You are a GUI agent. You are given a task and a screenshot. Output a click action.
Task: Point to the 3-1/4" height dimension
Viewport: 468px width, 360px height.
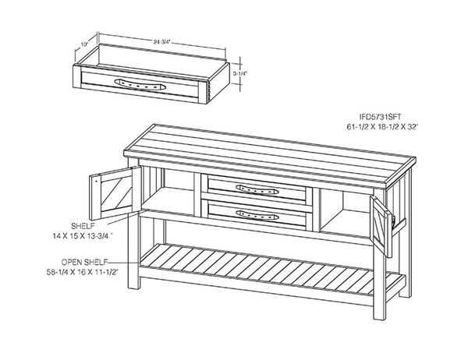(x=241, y=72)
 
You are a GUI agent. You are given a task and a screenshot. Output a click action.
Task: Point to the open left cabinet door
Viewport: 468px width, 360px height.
(x=111, y=196)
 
